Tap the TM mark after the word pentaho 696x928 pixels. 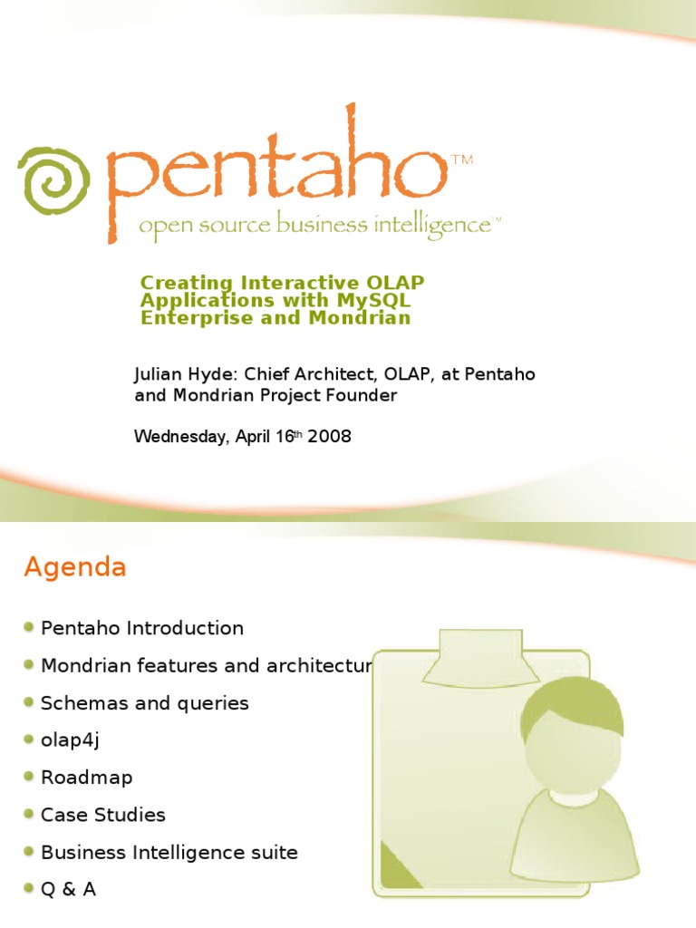click(x=461, y=161)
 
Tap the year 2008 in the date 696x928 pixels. click(x=330, y=437)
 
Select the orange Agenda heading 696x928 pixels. click(x=75, y=568)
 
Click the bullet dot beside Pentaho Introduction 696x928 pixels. click(x=30, y=627)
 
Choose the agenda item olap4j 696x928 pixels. click(x=70, y=740)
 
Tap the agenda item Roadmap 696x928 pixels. click(x=87, y=778)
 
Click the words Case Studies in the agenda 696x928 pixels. click(x=103, y=815)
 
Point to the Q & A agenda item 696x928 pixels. click(x=68, y=889)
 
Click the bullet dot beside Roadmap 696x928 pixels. click(x=30, y=777)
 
